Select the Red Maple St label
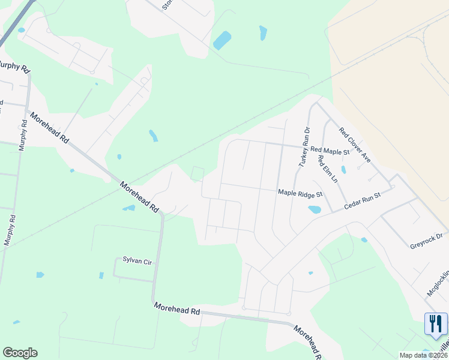coord(330,151)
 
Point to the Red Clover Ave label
coord(355,145)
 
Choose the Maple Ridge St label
coord(300,193)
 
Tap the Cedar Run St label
coord(363,201)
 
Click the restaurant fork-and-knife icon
coord(436,324)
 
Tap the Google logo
coord(20,353)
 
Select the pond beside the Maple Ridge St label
coord(314,210)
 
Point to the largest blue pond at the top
coord(222,40)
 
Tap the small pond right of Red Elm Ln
coord(344,170)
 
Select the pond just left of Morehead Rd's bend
coord(129,208)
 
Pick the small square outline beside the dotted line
coord(197,173)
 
